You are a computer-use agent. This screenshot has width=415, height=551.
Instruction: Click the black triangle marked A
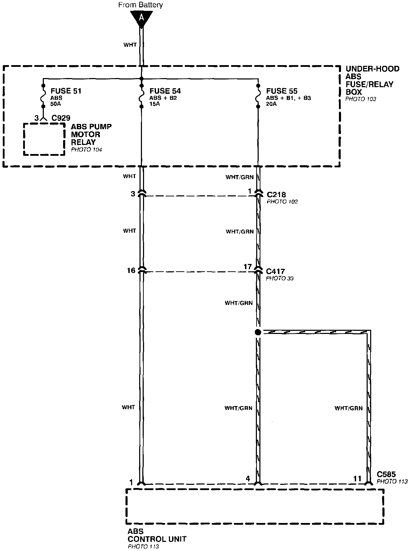[x=141, y=19]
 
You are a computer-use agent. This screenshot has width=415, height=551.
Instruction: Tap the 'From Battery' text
[x=141, y=5]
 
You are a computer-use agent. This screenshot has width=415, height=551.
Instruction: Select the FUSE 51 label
[x=66, y=91]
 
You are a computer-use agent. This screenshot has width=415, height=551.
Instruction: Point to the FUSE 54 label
[x=165, y=91]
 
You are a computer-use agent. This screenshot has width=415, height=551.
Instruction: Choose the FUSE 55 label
[x=282, y=91]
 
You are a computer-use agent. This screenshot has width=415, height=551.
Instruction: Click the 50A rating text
[x=55, y=104]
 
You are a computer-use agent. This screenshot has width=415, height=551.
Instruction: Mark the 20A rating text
[x=272, y=104]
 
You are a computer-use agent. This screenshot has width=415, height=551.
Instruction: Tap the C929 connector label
[x=61, y=118]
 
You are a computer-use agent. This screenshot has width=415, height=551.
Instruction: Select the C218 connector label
[x=276, y=195]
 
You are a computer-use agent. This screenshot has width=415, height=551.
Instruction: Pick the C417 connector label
[x=275, y=271]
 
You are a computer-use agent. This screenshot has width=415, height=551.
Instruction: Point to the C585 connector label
[x=386, y=474]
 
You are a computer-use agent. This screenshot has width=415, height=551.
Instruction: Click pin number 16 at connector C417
[x=131, y=270]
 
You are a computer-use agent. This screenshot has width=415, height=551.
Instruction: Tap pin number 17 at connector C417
[x=247, y=267]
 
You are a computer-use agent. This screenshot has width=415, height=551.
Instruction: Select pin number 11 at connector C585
[x=357, y=479]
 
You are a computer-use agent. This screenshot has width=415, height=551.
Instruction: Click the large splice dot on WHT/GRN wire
[x=258, y=332]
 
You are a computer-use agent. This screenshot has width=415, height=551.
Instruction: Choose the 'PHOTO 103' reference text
[x=360, y=99]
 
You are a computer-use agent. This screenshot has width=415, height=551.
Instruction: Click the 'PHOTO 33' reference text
[x=279, y=278]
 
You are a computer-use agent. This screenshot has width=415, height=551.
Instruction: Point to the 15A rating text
[x=155, y=104]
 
